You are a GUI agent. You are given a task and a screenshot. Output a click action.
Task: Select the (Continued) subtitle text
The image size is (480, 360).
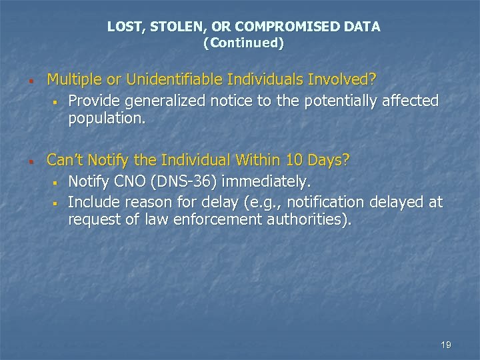tap(243, 43)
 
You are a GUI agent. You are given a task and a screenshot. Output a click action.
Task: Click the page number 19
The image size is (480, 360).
tap(446, 345)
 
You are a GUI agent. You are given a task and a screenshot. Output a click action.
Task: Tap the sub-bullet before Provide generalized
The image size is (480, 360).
tap(59, 102)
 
